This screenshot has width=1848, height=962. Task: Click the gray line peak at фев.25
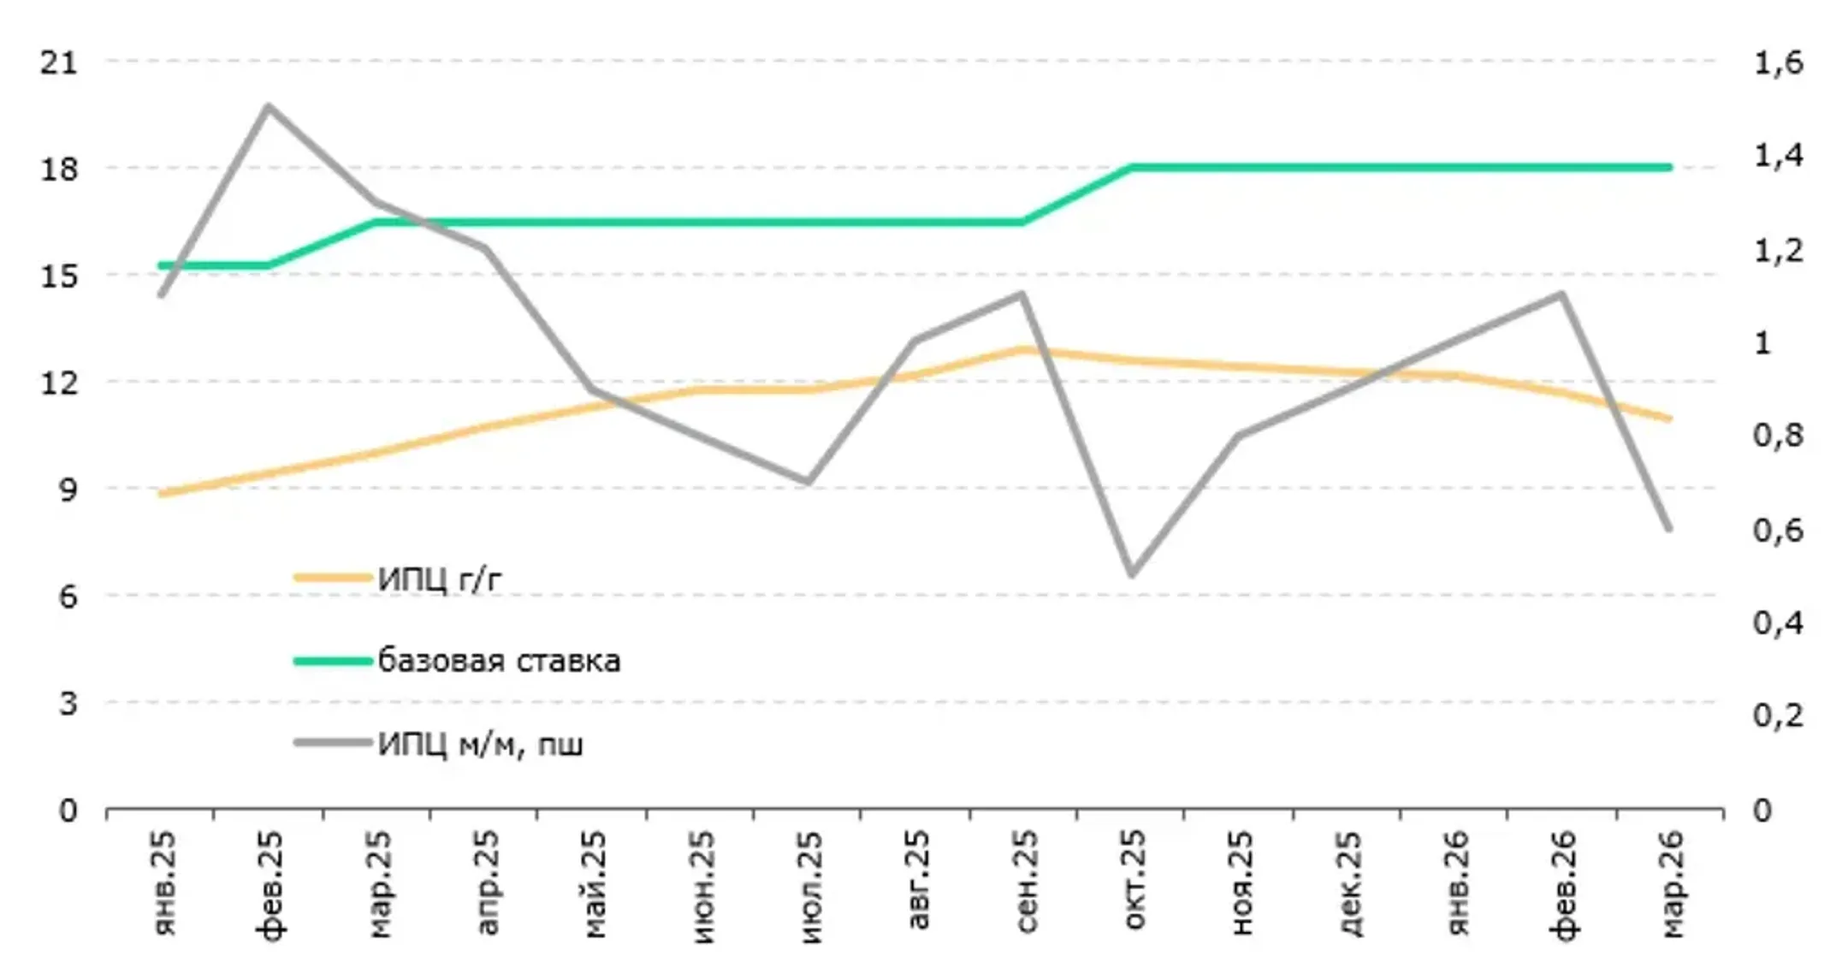[268, 107]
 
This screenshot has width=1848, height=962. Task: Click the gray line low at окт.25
[1131, 573]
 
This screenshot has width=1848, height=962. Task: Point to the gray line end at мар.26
[1668, 528]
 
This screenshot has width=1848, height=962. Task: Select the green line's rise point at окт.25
[1131, 168]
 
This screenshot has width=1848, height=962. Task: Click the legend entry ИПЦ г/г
[439, 579]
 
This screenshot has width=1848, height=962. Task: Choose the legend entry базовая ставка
[499, 661]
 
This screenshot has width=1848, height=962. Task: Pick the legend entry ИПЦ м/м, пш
[480, 744]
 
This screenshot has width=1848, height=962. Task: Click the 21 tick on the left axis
[58, 62]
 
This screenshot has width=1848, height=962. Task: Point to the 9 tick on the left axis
[67, 489]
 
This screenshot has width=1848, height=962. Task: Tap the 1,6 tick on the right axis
[1778, 62]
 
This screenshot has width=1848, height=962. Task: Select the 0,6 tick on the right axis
[1778, 530]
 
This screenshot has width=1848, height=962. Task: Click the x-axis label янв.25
[163, 882]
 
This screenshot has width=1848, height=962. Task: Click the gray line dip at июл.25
[807, 482]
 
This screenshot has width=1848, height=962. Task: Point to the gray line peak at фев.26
[1561, 294]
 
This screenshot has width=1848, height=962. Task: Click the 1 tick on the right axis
[1762, 342]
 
